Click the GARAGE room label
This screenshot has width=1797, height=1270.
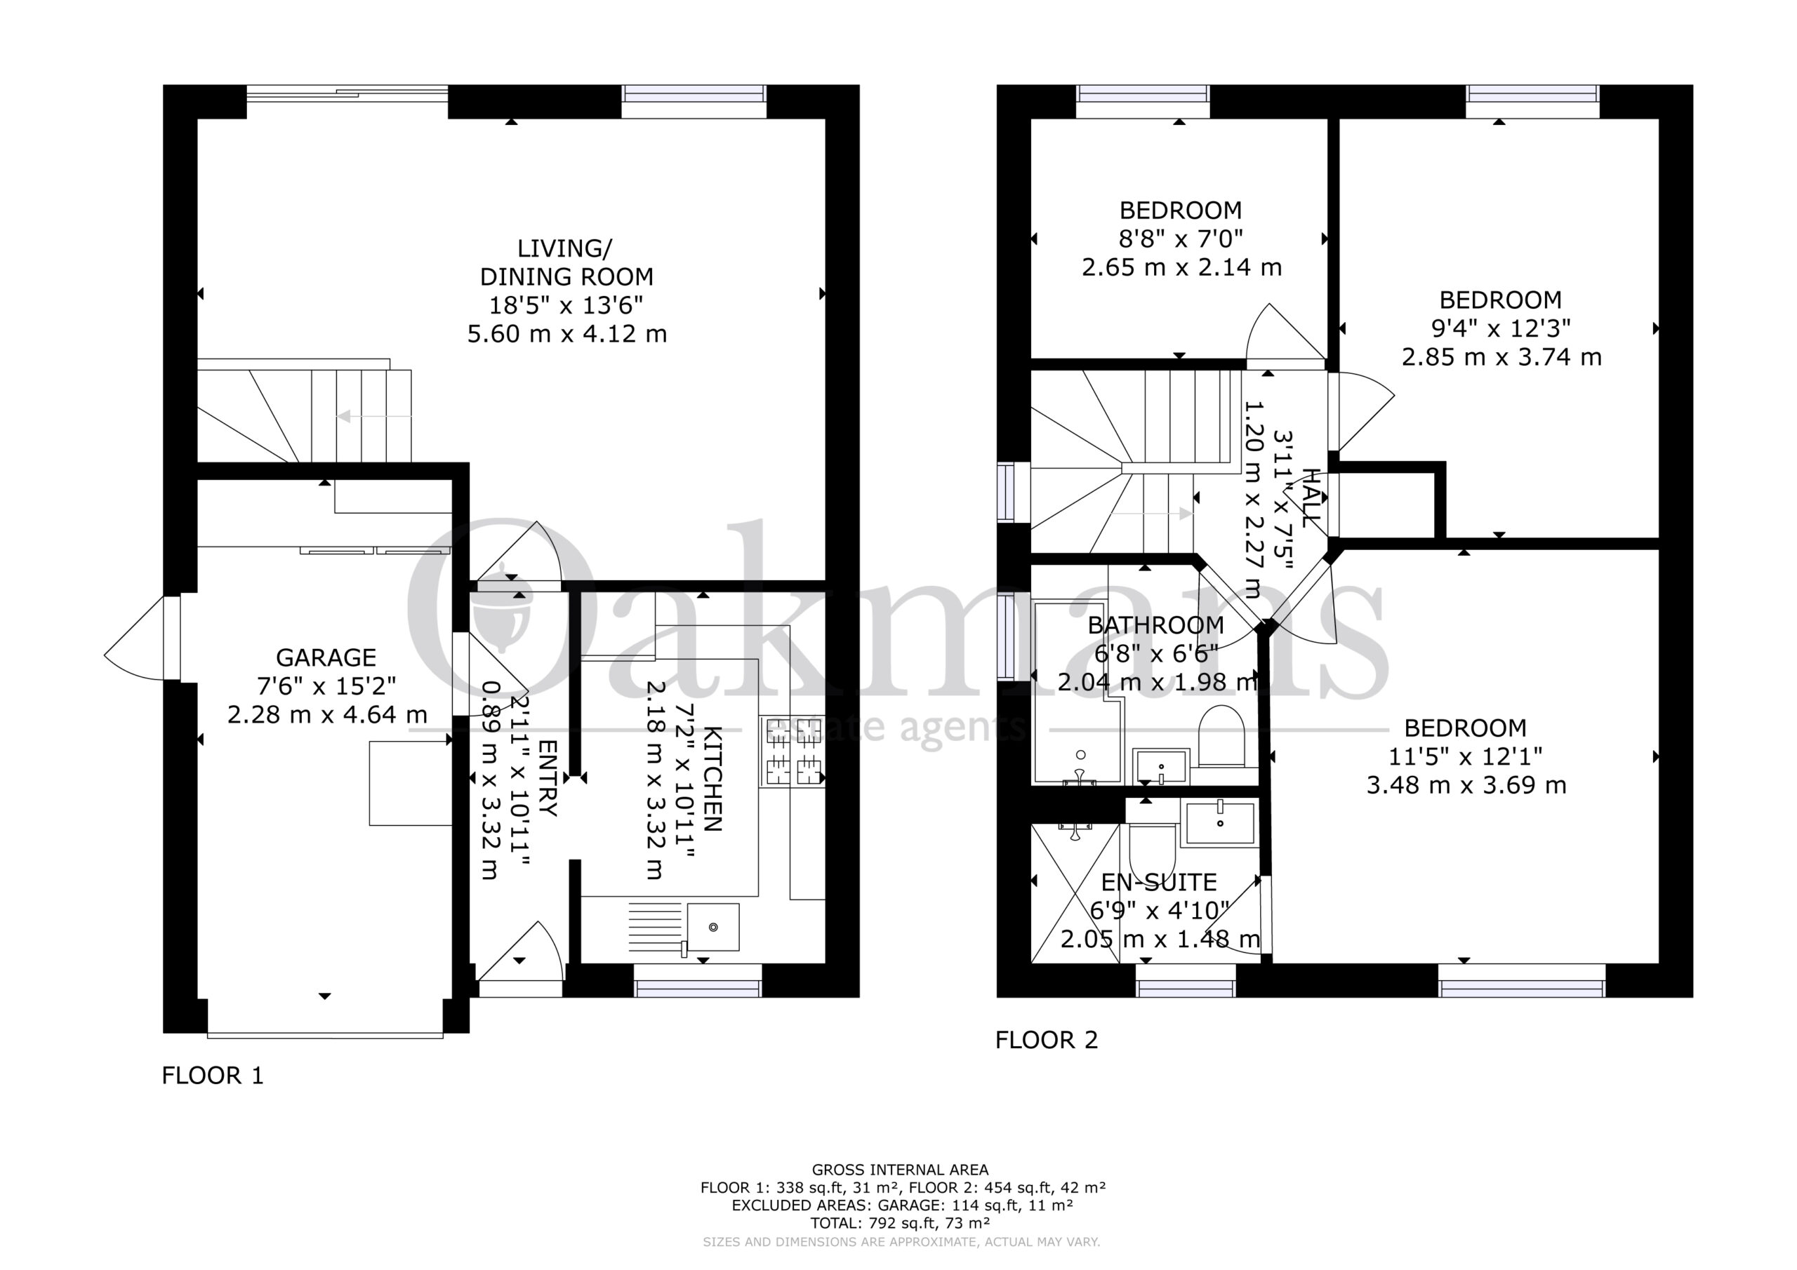coord(326,657)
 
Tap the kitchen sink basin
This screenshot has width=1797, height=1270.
coord(713,928)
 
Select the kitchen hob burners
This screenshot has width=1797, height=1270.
coord(793,751)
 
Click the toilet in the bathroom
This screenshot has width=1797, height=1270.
coord(1221,735)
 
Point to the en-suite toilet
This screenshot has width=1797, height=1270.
coord(1152,849)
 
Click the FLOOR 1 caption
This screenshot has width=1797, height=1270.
coord(213,1075)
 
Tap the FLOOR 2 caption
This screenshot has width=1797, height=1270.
coord(1047,1040)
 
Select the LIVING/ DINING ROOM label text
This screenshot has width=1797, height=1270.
coord(566,262)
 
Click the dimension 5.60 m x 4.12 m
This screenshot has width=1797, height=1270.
coord(566,334)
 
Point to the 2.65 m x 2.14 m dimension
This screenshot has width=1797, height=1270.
coord(1182,267)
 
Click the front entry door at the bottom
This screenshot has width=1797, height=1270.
coord(520,958)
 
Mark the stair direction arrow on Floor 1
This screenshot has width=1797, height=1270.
coord(374,416)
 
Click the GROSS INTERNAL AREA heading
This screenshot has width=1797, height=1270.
coord(900,1170)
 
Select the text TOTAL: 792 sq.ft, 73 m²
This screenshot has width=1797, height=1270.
coord(900,1223)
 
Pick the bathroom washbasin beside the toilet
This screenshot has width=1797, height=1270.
coord(1162,767)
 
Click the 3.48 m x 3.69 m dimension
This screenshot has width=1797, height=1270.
coord(1466,785)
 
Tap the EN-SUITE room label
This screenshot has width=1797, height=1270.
coord(1159,882)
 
